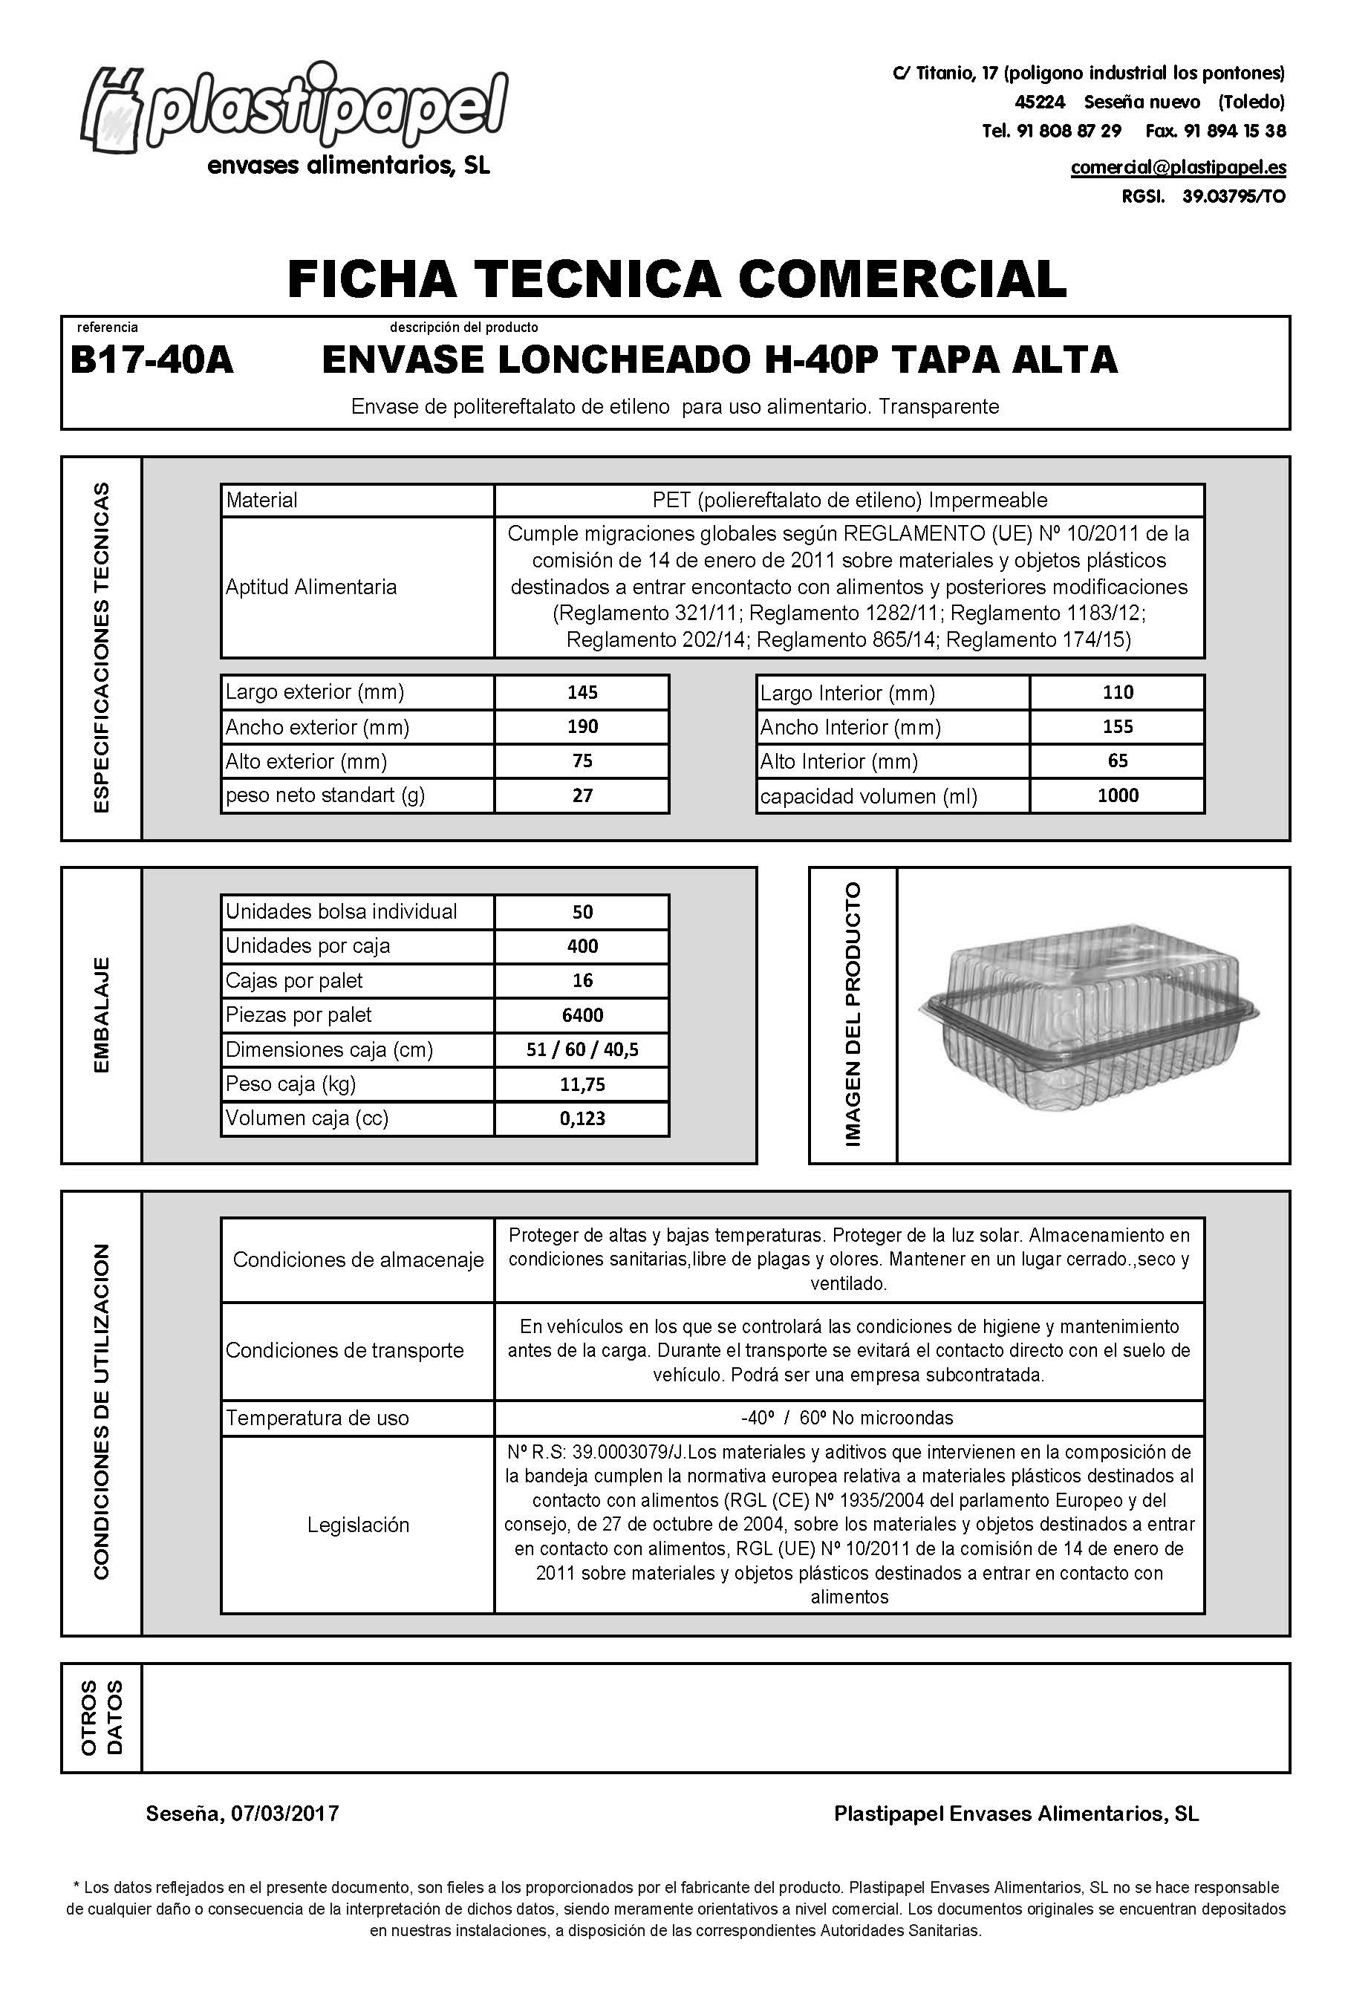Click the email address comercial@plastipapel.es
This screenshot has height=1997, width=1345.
(1178, 167)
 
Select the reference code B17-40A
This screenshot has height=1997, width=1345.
(152, 360)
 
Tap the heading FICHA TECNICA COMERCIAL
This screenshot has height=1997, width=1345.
(676, 278)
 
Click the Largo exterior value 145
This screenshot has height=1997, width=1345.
(582, 692)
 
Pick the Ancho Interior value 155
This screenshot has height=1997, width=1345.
(1118, 726)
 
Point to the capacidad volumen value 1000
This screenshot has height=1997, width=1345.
(1118, 795)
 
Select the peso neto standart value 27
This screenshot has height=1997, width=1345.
(582, 795)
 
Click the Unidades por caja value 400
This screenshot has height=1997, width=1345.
(582, 946)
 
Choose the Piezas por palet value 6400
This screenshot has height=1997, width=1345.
(582, 1014)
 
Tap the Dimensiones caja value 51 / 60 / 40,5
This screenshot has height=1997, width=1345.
(582, 1049)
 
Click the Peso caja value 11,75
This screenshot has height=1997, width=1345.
(582, 1084)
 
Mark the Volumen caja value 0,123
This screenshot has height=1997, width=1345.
(582, 1118)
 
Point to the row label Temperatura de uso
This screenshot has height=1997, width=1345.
(317, 1418)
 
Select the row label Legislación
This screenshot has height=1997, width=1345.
(359, 1525)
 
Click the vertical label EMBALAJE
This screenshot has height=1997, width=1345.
(101, 1014)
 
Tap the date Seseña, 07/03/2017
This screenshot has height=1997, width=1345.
(243, 1814)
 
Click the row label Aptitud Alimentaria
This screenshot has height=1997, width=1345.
(311, 587)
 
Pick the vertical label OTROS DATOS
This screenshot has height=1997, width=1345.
(101, 1717)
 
